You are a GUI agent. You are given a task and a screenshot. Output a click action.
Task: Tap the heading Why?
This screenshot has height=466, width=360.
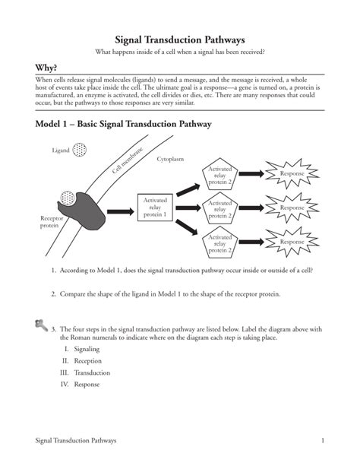pos(36,68)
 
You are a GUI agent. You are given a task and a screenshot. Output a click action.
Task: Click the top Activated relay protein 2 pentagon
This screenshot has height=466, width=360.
pos(219,176)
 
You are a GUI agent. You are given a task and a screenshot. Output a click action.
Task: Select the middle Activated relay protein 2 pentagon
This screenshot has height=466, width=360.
pos(219,208)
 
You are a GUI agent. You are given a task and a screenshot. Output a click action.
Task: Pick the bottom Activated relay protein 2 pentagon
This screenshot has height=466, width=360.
pos(219,243)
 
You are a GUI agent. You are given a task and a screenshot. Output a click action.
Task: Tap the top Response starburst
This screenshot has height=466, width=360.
pos(292,174)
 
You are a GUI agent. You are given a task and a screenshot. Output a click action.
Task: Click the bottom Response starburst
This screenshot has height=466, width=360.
pos(292,242)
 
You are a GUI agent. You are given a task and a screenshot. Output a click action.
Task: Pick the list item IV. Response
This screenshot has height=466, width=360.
pos(81,385)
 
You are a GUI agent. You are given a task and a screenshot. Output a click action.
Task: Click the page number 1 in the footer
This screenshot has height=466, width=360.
pos(323,440)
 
